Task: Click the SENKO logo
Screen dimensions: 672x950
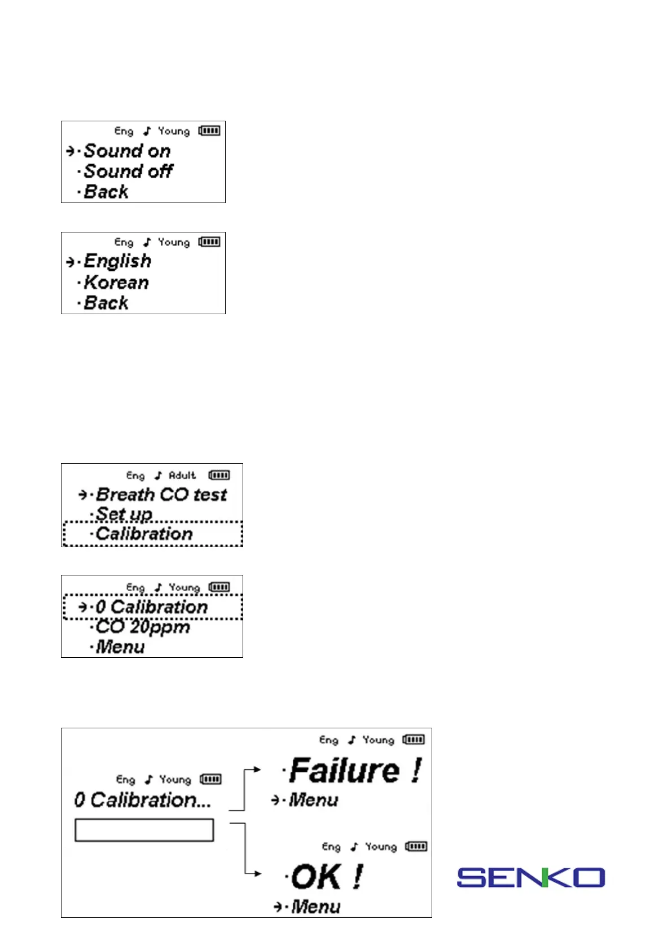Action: click(x=530, y=877)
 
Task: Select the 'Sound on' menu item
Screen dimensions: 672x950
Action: click(x=127, y=151)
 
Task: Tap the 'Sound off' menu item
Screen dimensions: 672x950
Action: click(x=128, y=171)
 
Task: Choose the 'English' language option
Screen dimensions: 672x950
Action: click(x=117, y=261)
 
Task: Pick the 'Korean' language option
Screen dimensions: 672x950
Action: click(x=116, y=283)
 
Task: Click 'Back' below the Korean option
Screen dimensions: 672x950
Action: click(x=106, y=303)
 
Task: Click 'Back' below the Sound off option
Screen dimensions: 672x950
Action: click(x=106, y=192)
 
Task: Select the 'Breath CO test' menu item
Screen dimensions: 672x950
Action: click(x=161, y=495)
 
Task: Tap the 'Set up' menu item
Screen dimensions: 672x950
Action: click(x=124, y=514)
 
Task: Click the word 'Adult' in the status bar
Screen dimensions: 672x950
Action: click(x=182, y=476)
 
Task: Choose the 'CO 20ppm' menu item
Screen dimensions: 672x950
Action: click(x=143, y=627)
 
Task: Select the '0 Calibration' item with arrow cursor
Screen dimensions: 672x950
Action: click(x=151, y=607)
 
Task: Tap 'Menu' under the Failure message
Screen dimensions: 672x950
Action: click(x=313, y=800)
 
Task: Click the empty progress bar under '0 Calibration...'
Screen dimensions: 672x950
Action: click(x=144, y=830)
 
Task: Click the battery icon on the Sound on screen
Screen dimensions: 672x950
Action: click(x=209, y=131)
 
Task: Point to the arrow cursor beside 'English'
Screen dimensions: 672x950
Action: click(x=71, y=262)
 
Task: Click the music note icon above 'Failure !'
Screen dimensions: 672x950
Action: click(x=352, y=740)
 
